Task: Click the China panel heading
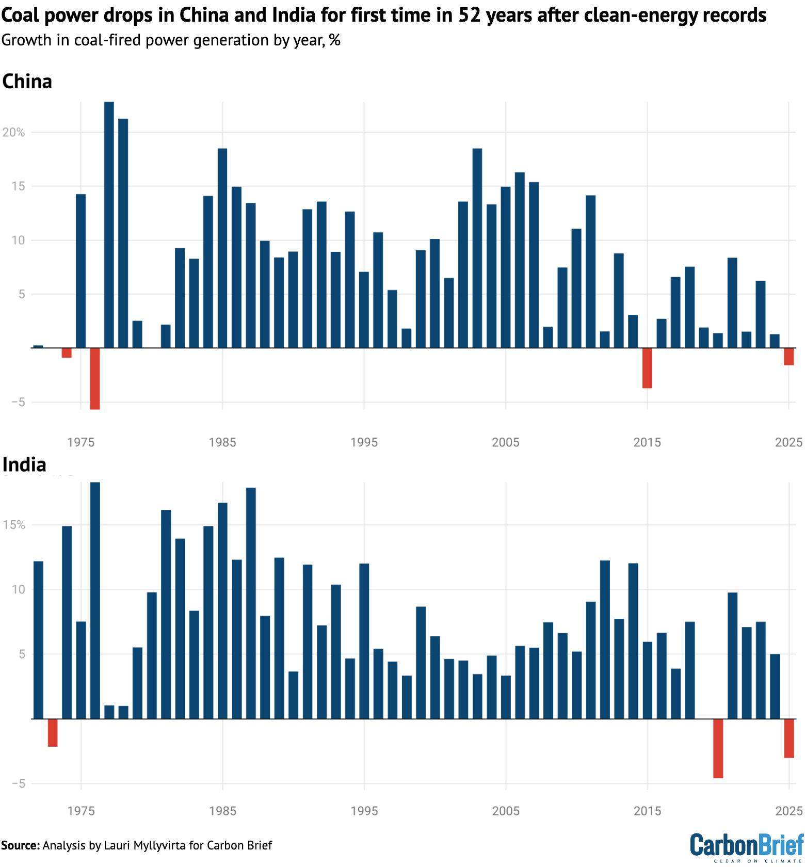coord(27,82)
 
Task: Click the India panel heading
coord(24,464)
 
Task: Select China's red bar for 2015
coord(647,368)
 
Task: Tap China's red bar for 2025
coord(788,357)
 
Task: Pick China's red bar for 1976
coord(95,378)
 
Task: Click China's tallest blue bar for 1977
coord(109,224)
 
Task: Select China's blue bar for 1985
coord(222,248)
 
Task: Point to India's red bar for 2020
coord(718,748)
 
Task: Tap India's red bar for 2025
coord(788,738)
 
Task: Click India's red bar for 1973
coord(53,732)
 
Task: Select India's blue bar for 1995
coord(364,640)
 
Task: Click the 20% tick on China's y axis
coord(14,133)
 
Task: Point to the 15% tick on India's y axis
coord(14,525)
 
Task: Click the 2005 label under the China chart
coord(505,442)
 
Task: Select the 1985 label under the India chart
coord(222,811)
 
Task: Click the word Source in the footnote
coord(20,845)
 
